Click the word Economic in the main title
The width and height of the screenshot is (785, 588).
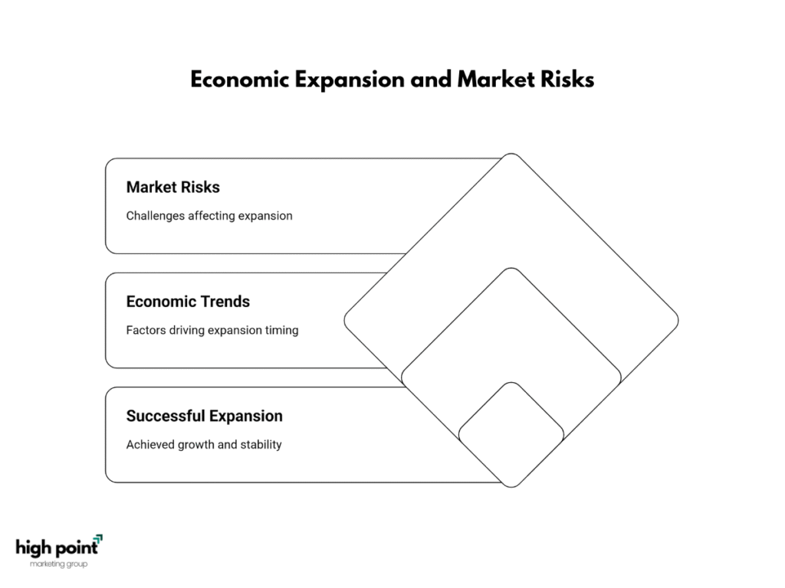[x=240, y=80]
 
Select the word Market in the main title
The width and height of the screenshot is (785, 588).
[x=496, y=80]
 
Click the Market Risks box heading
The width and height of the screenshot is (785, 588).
[x=172, y=187]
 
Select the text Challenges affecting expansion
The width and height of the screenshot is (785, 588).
[x=209, y=216]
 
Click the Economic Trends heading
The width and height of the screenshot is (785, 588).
[x=188, y=302]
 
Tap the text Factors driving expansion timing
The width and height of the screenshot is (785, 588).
[x=212, y=331]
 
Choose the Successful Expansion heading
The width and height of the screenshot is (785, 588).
[x=204, y=416]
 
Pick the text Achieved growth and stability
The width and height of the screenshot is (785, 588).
[x=204, y=445]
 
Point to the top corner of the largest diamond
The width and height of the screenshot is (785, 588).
[x=511, y=153]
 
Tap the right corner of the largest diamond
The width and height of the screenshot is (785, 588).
[x=678, y=321]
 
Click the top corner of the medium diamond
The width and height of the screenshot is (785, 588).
[x=511, y=268]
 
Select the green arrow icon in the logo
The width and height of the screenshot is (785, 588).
[x=99, y=539]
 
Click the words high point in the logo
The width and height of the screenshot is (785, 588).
[x=57, y=548]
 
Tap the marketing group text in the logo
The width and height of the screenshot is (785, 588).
[x=58, y=564]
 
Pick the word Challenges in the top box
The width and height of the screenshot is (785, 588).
[x=155, y=216]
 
